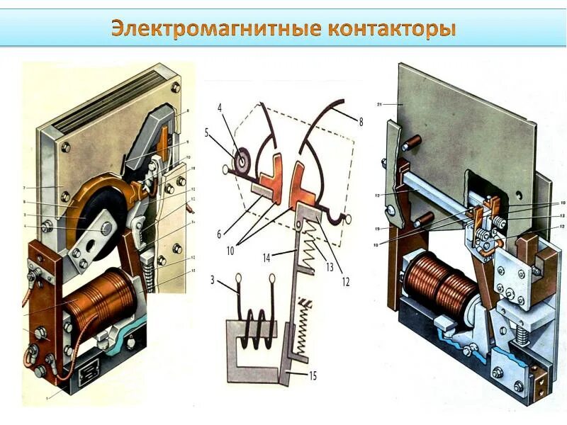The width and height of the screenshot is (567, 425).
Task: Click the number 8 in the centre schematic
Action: coord(360,122)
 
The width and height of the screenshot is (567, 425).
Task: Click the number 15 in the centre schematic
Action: coord(313,376)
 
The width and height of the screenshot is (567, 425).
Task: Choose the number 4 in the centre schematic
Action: coord(220,108)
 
